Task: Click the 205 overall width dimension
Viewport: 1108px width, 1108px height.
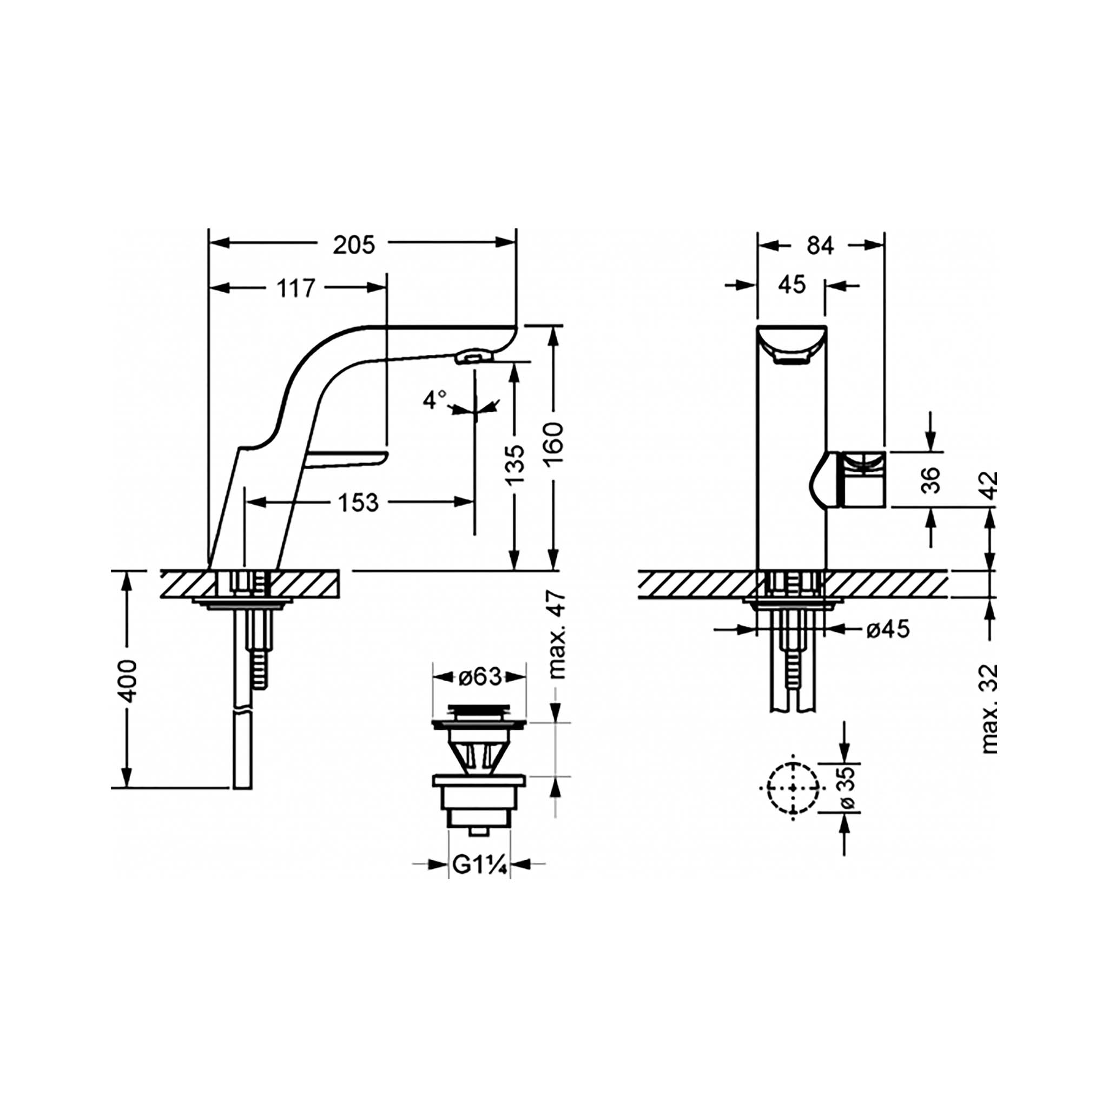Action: pyautogui.click(x=354, y=245)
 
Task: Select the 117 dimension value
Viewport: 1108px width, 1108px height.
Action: pyautogui.click(x=296, y=288)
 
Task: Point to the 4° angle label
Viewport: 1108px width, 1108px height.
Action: pyautogui.click(x=436, y=400)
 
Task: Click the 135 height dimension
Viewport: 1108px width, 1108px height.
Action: pyautogui.click(x=516, y=464)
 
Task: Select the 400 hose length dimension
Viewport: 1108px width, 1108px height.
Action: pyautogui.click(x=127, y=681)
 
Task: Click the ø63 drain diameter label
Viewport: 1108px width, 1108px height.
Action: pyautogui.click(x=480, y=677)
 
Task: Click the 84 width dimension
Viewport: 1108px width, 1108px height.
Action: pyautogui.click(x=820, y=246)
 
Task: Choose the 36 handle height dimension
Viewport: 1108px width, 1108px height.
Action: pyautogui.click(x=932, y=480)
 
